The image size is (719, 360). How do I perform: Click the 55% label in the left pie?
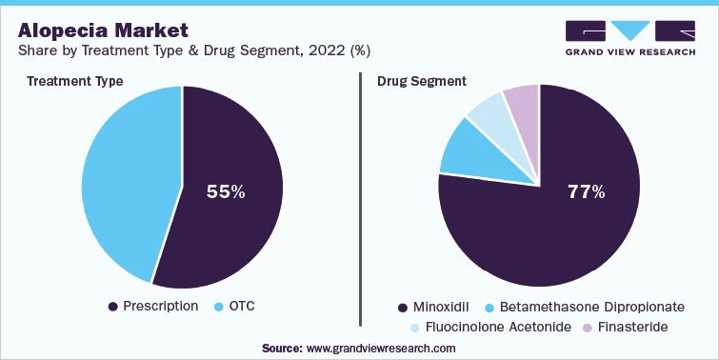(226, 191)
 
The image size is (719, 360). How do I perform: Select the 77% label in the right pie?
(586, 191)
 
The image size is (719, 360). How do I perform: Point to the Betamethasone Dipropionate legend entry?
(584, 308)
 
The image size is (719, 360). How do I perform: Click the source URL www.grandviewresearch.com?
(380, 348)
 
